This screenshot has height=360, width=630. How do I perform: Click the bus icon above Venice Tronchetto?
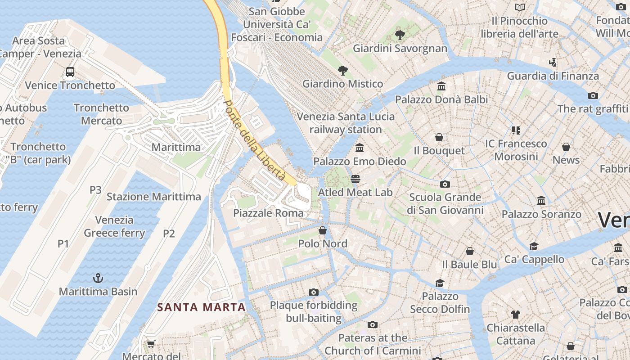pos(70,72)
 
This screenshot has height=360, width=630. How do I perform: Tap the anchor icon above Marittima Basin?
pos(98,278)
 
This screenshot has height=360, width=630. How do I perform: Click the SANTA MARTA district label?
pos(202,307)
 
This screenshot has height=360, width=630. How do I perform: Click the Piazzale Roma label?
pos(268,213)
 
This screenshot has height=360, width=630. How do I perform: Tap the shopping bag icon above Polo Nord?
pos(323,231)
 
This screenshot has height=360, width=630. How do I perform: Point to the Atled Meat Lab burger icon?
pos(355,179)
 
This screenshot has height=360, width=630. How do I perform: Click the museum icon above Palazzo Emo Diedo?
pos(360,148)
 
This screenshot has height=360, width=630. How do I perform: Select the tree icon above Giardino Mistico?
pos(343,70)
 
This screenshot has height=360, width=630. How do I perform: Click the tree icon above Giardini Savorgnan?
pos(400,35)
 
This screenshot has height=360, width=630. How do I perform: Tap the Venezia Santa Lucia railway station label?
pos(346,123)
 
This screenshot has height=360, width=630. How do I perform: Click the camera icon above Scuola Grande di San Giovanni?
pos(445,184)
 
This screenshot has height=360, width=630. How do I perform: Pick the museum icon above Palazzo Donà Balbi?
pos(441,86)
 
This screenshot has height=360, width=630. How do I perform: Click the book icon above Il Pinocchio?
pos(520,8)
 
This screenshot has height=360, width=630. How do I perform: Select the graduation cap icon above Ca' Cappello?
pos(534,246)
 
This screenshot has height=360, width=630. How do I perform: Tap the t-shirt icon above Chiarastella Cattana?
pos(516,315)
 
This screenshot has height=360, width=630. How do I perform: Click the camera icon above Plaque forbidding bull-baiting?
pos(314,292)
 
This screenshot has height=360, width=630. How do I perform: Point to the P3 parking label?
pos(95,190)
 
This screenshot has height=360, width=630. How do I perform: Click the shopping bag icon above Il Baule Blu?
pos(470,251)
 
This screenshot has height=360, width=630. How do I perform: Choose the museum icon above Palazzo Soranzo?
pos(541,201)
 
